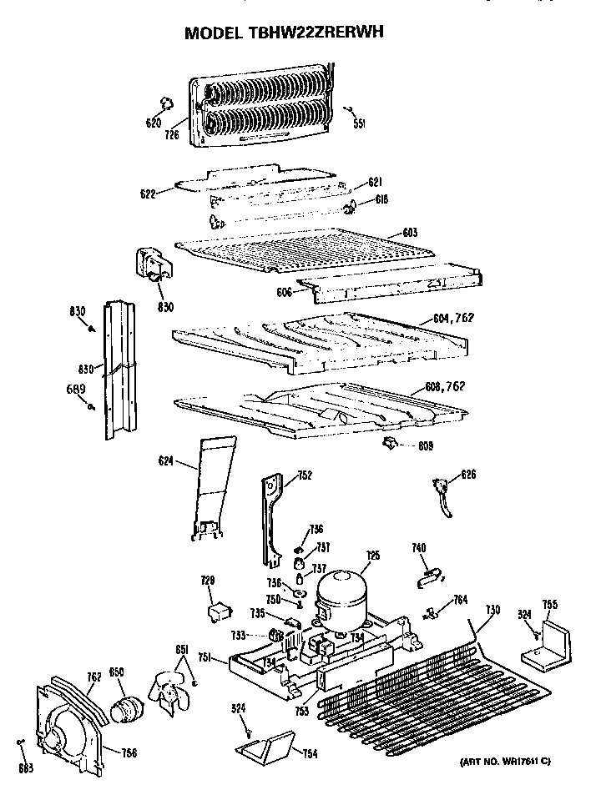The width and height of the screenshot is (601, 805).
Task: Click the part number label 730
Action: point(492,611)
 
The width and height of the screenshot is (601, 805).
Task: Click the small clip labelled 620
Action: point(165,103)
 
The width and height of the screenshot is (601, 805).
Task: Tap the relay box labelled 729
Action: point(218,613)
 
